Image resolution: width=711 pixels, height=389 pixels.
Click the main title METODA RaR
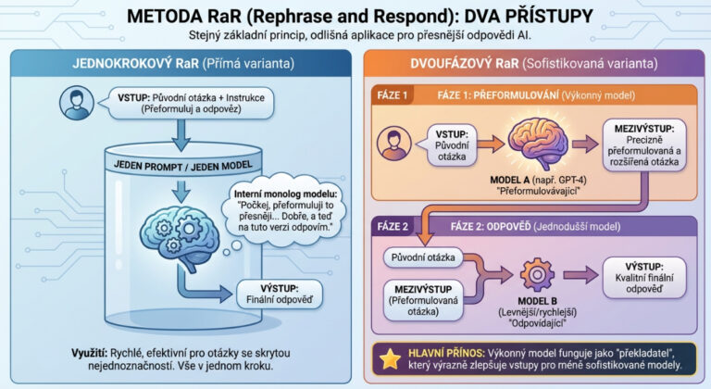[355, 17]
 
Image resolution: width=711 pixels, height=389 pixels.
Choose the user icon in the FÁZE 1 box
[396, 143]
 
